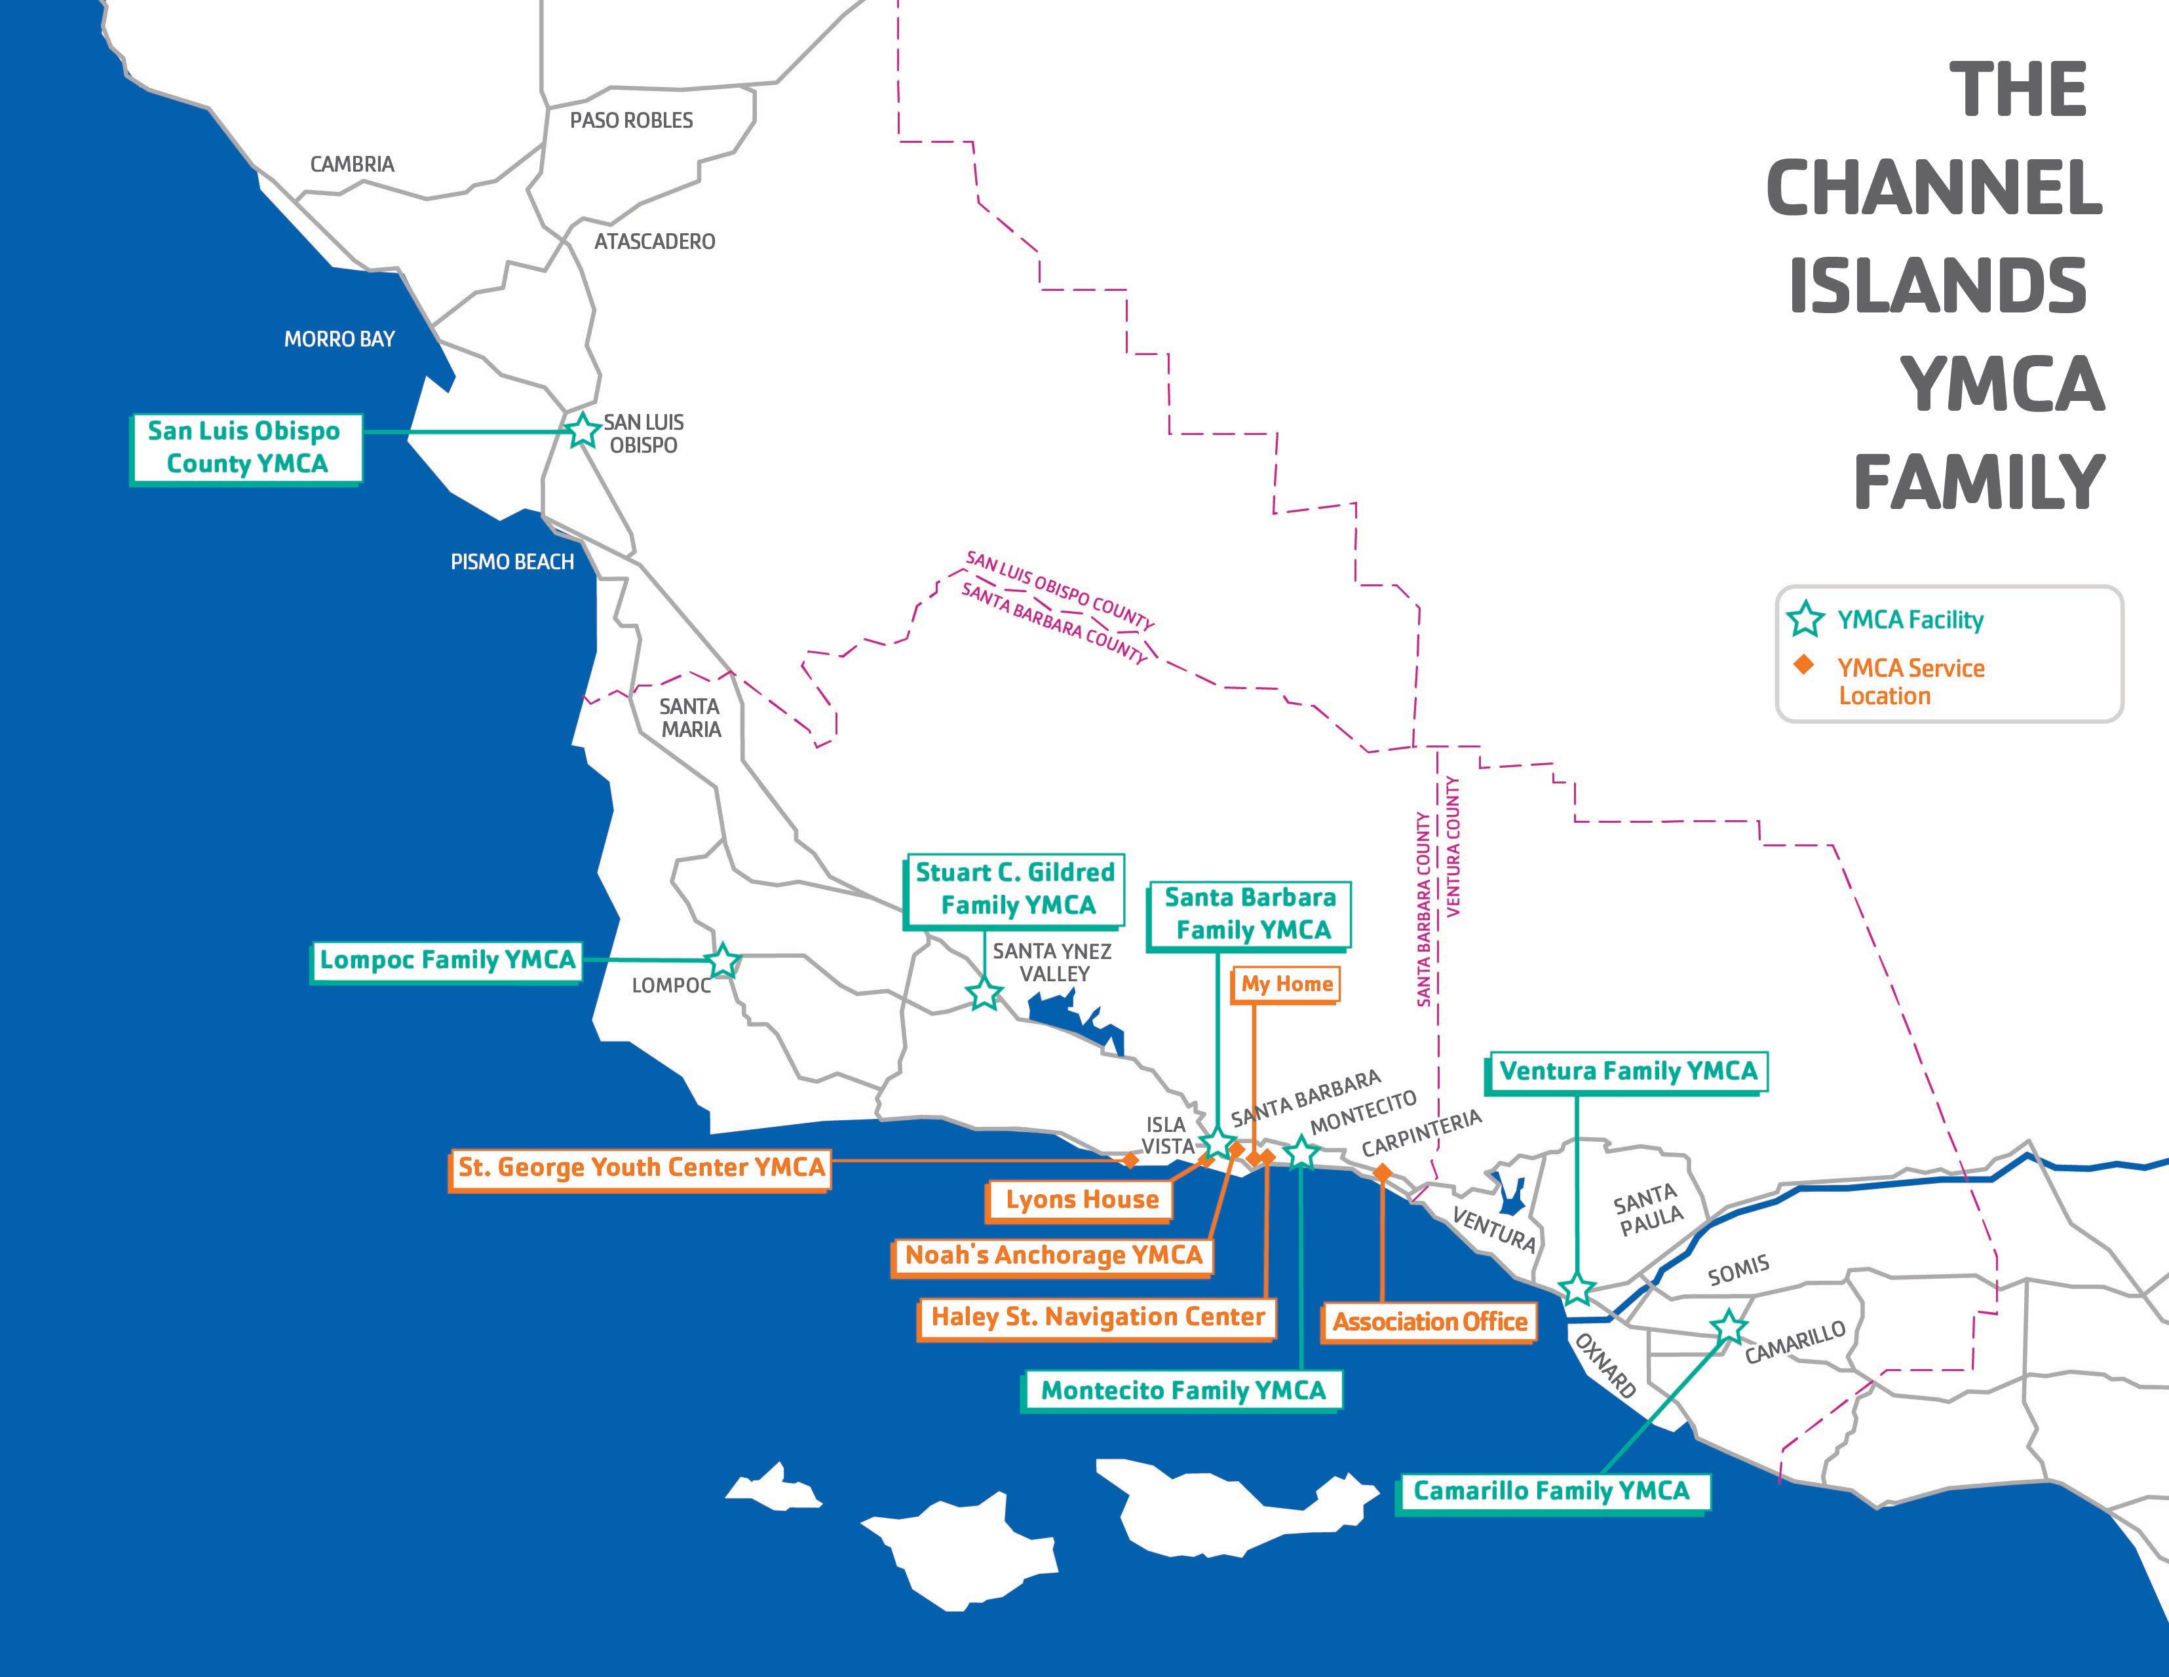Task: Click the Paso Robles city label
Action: [632, 120]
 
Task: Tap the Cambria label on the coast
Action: [352, 164]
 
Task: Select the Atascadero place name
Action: [655, 241]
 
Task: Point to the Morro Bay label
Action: [339, 339]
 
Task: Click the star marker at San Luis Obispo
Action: [582, 431]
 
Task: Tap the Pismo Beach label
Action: [512, 562]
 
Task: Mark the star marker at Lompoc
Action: [722, 960]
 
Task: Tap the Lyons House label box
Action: [1081, 1199]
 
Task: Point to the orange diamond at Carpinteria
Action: [1381, 1173]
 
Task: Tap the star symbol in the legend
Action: [1805, 620]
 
